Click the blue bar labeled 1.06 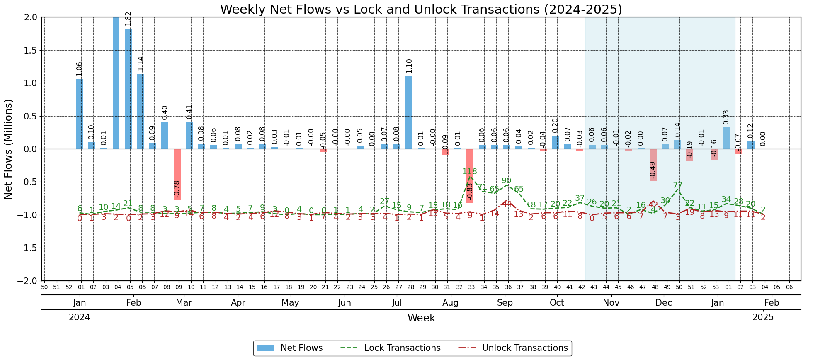79,114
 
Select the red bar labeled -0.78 177,174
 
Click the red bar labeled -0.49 653,165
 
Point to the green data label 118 470,172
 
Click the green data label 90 507,181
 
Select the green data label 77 677,185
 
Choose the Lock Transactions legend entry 391,348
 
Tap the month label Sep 505,303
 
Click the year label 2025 763,317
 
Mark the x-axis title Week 421,318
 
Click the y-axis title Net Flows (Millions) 9,149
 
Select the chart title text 421,9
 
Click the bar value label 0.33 726,118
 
